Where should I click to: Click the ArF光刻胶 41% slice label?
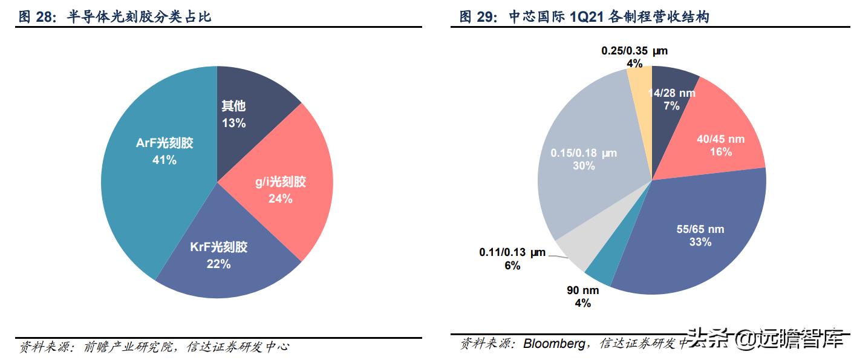(156, 151)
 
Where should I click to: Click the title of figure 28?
(115, 17)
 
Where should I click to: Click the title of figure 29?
(584, 17)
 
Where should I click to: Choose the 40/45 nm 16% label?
(720, 145)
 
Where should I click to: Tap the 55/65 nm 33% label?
(700, 235)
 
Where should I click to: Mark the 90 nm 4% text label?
(582, 296)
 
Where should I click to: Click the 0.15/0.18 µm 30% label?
(584, 159)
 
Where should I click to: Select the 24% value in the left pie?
(280, 198)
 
